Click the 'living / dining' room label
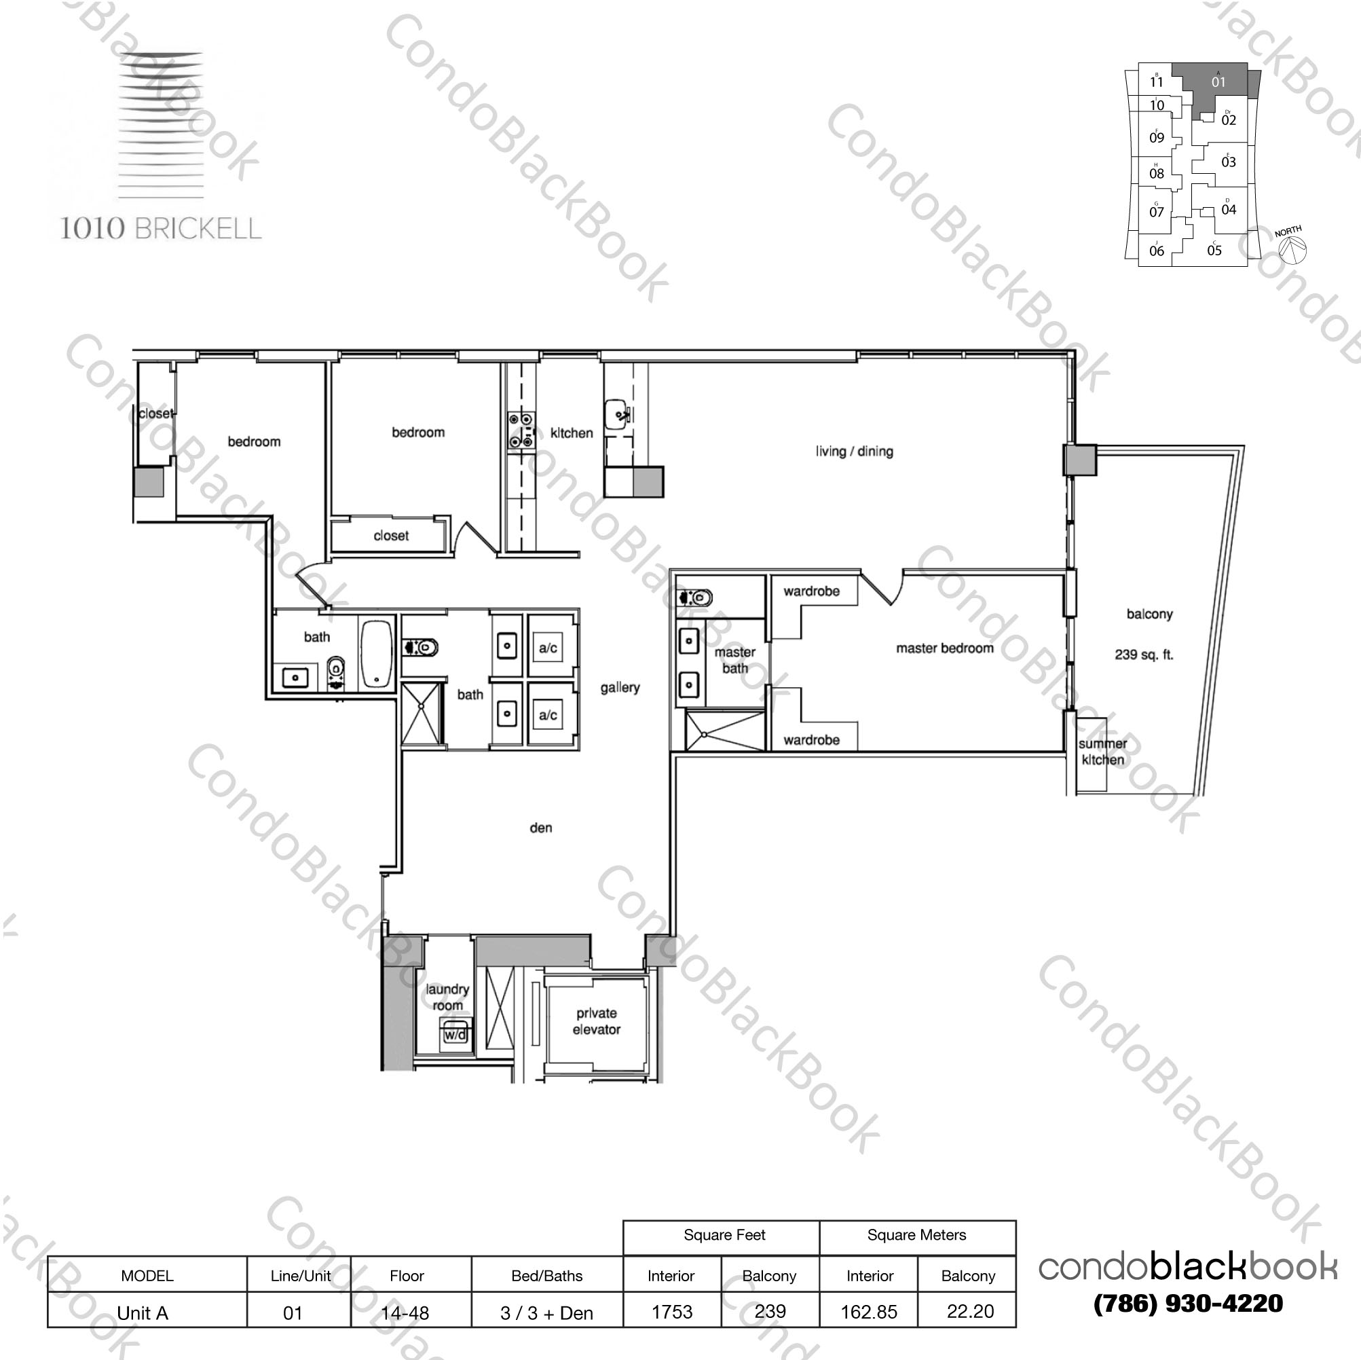(x=854, y=451)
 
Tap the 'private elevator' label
(x=596, y=1021)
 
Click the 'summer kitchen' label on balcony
(x=1102, y=752)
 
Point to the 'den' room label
(x=540, y=828)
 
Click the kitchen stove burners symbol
(x=522, y=430)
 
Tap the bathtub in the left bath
(x=377, y=654)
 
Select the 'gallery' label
(x=620, y=687)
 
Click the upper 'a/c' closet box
(x=548, y=647)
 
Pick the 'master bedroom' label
(x=945, y=648)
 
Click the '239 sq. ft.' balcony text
(x=1143, y=655)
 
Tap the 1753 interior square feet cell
(x=672, y=1312)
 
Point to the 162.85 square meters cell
(x=869, y=1312)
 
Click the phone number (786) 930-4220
(x=1188, y=1304)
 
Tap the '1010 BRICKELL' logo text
(x=161, y=228)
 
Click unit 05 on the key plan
(x=1214, y=250)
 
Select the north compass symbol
(x=1292, y=247)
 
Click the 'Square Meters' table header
(x=916, y=1234)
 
